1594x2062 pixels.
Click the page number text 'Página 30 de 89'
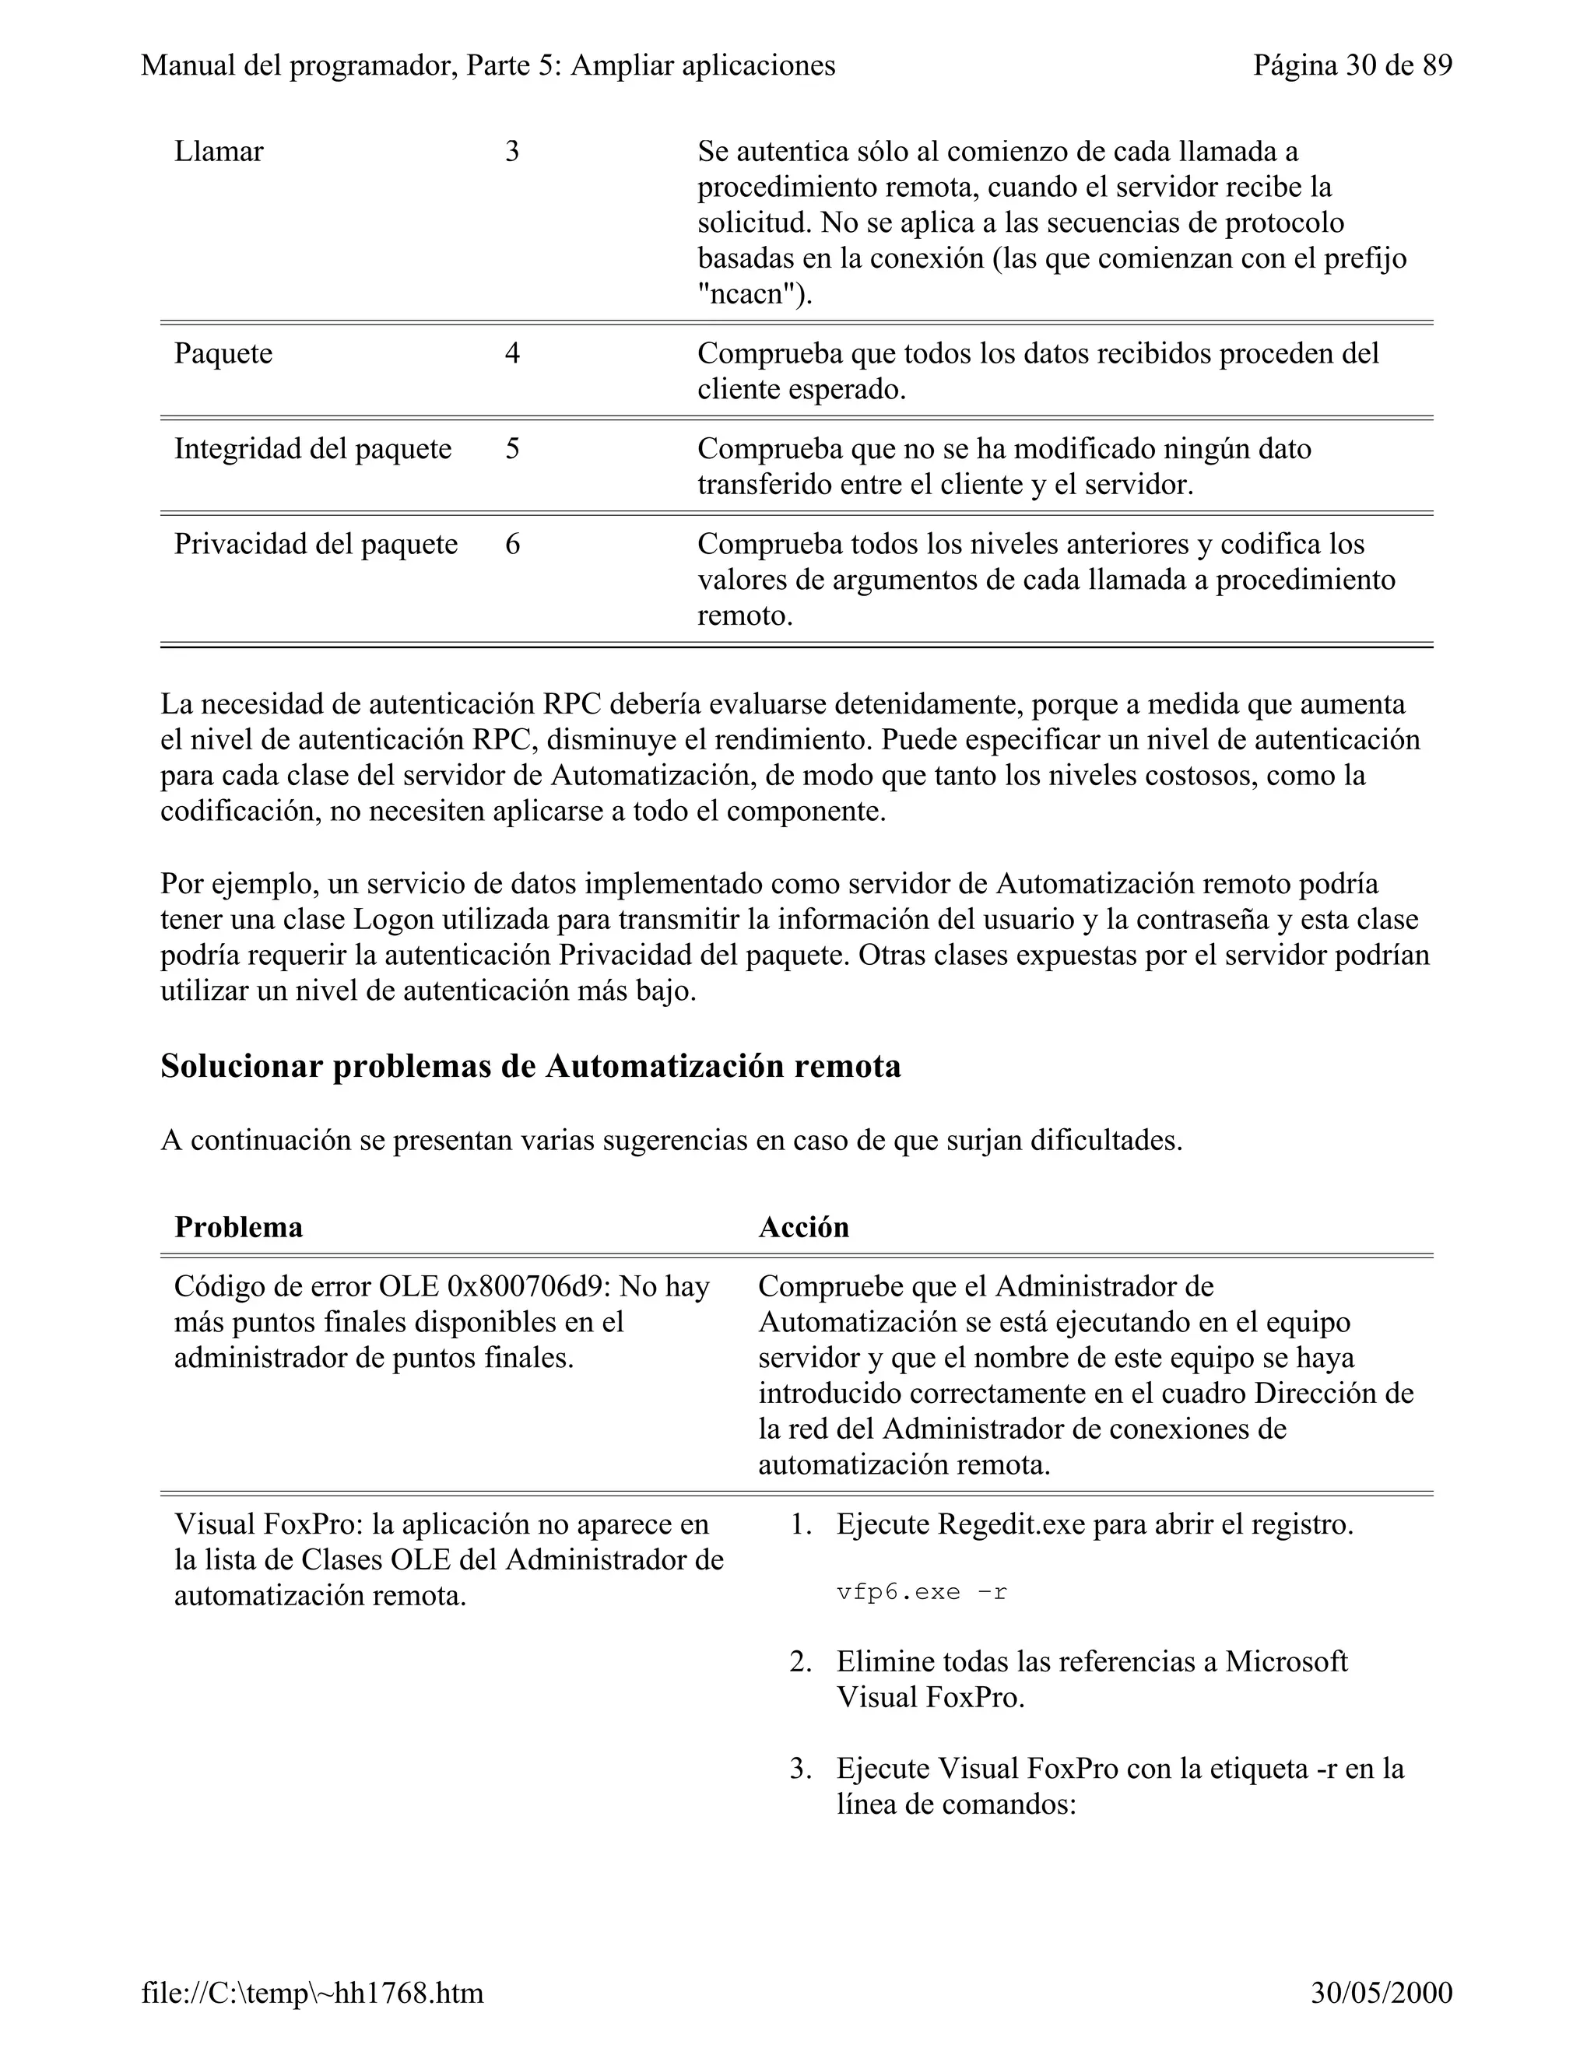(1352, 66)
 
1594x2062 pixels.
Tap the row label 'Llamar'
(219, 152)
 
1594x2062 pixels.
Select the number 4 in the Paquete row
(512, 354)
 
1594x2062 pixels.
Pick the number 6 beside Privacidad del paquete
(512, 545)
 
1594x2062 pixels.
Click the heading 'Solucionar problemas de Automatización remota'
(530, 1067)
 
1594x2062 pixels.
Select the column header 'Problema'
(239, 1227)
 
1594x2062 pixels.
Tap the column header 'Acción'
(803, 1227)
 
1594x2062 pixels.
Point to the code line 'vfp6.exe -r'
(922, 1593)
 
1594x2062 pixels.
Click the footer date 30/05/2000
(1382, 1993)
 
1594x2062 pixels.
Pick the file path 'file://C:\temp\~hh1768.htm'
(313, 1993)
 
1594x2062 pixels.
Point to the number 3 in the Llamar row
(512, 152)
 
